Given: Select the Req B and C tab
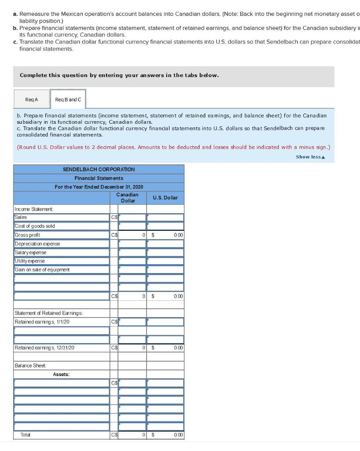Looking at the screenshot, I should click(68, 100).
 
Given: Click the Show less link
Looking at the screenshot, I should click(310, 157).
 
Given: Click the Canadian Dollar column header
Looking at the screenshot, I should click(128, 197).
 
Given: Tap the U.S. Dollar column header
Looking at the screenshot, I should click(165, 198).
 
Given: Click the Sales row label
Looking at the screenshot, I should click(21, 217).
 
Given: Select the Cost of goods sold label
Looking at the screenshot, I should click(35, 226).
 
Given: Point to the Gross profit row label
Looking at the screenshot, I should click(28, 235).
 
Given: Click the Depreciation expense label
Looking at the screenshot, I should click(37, 244).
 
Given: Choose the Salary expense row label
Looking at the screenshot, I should click(30, 252).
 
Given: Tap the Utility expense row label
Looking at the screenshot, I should click(30, 261).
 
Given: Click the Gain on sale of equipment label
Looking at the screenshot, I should click(42, 270).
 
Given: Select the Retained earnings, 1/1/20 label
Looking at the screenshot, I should click(42, 322).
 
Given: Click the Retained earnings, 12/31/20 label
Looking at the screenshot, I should click(44, 348).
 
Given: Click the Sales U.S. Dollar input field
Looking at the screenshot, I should click(165, 217).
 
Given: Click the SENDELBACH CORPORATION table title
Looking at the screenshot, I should click(99, 169).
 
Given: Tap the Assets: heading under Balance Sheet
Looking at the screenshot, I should click(61, 374).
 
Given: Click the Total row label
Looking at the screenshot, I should click(26, 435).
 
